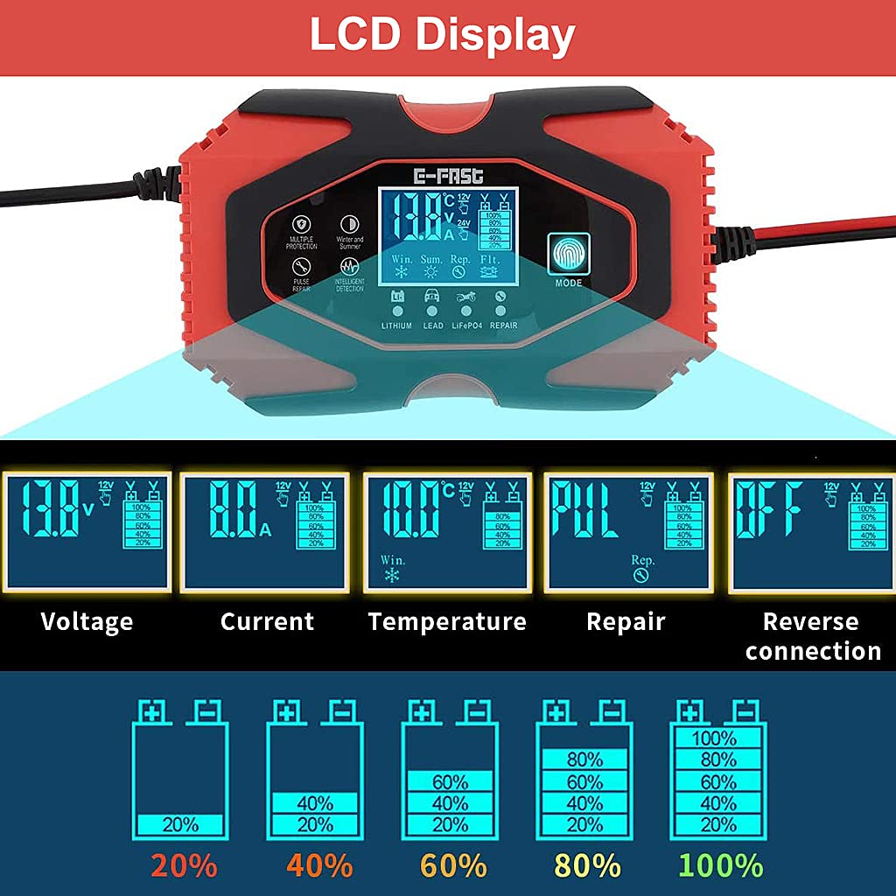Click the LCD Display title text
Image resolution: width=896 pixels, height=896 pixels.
[442, 36]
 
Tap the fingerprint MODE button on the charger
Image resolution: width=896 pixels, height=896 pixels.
[569, 255]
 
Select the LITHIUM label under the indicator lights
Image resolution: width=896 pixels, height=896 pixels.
[396, 325]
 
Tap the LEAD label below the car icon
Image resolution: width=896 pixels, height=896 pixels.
[433, 325]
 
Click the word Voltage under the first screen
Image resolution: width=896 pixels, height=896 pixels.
[87, 621]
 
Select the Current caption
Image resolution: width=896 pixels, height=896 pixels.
[267, 621]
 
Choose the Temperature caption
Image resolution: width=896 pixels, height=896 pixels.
[447, 621]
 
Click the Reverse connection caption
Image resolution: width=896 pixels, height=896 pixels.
[813, 636]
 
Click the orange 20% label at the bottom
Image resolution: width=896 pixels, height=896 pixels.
[184, 866]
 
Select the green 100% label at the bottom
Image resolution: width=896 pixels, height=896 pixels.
[721, 866]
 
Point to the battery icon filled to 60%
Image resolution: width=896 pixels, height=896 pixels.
[450, 771]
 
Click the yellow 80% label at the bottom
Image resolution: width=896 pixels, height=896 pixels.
[587, 866]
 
